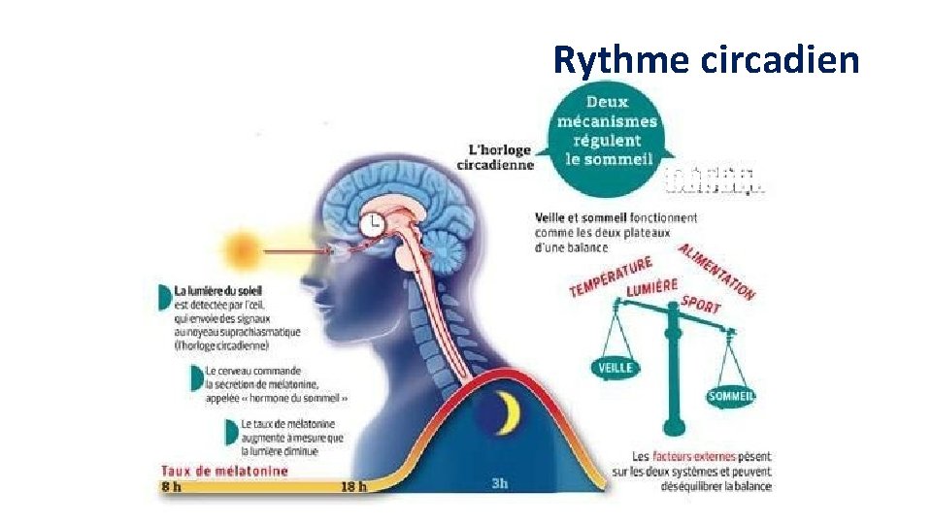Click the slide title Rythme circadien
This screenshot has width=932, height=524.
[706, 60]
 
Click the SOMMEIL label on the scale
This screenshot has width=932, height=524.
[732, 396]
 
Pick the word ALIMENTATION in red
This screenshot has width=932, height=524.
[717, 272]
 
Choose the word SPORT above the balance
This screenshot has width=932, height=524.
[700, 305]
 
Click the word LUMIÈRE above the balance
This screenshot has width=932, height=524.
[651, 288]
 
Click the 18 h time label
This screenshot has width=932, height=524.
[353, 486]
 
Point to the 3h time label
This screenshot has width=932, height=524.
[500, 483]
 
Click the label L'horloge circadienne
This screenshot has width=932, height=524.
[497, 157]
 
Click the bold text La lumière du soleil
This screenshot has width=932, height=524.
[218, 290]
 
